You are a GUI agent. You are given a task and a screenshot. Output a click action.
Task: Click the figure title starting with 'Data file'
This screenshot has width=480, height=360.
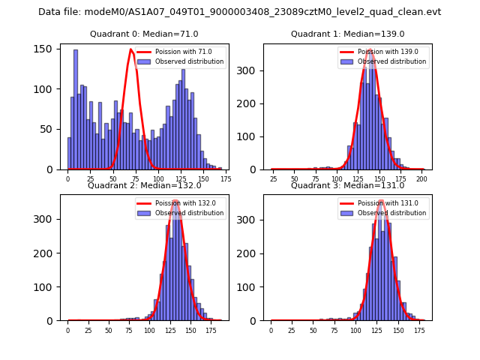(x=240, y=12)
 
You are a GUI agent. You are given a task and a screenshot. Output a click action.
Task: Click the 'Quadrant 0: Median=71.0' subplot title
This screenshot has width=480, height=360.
(x=144, y=34)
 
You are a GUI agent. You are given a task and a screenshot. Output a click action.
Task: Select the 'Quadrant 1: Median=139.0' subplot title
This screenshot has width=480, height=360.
(x=347, y=34)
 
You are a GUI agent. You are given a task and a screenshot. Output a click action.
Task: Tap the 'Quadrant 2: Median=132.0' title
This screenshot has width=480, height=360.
(x=144, y=185)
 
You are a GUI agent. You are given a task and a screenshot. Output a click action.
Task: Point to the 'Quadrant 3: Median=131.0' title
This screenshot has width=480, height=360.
(x=347, y=185)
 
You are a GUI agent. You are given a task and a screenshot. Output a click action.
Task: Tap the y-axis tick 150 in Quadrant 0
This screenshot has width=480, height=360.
(x=47, y=49)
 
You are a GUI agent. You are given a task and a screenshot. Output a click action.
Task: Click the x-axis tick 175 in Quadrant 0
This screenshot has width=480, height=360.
(x=225, y=179)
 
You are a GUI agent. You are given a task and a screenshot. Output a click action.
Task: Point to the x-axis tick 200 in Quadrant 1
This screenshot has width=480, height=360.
(x=422, y=179)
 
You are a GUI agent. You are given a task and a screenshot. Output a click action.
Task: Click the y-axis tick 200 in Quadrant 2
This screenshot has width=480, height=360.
(x=47, y=253)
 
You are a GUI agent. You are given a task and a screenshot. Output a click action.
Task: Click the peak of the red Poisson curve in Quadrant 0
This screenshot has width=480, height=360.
(x=131, y=49)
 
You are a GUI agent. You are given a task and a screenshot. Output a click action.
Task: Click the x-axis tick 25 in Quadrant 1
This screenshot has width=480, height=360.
(x=273, y=179)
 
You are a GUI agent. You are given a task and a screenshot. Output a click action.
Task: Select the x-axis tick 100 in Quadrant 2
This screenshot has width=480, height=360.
(x=149, y=331)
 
